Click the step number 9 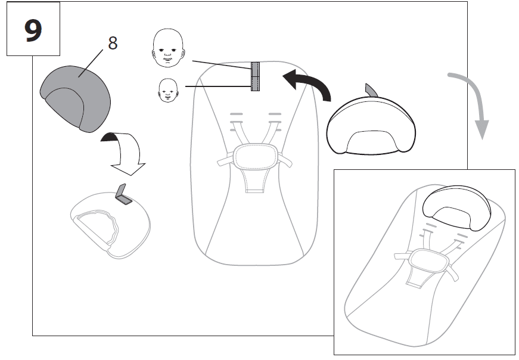click(33, 30)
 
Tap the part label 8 click(113, 43)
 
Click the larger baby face click(169, 48)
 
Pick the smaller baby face click(168, 91)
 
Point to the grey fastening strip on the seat click(255, 76)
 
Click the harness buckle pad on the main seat click(255, 156)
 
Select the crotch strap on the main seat click(255, 180)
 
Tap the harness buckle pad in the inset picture click(428, 262)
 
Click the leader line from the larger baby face click(222, 65)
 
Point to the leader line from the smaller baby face click(218, 86)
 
